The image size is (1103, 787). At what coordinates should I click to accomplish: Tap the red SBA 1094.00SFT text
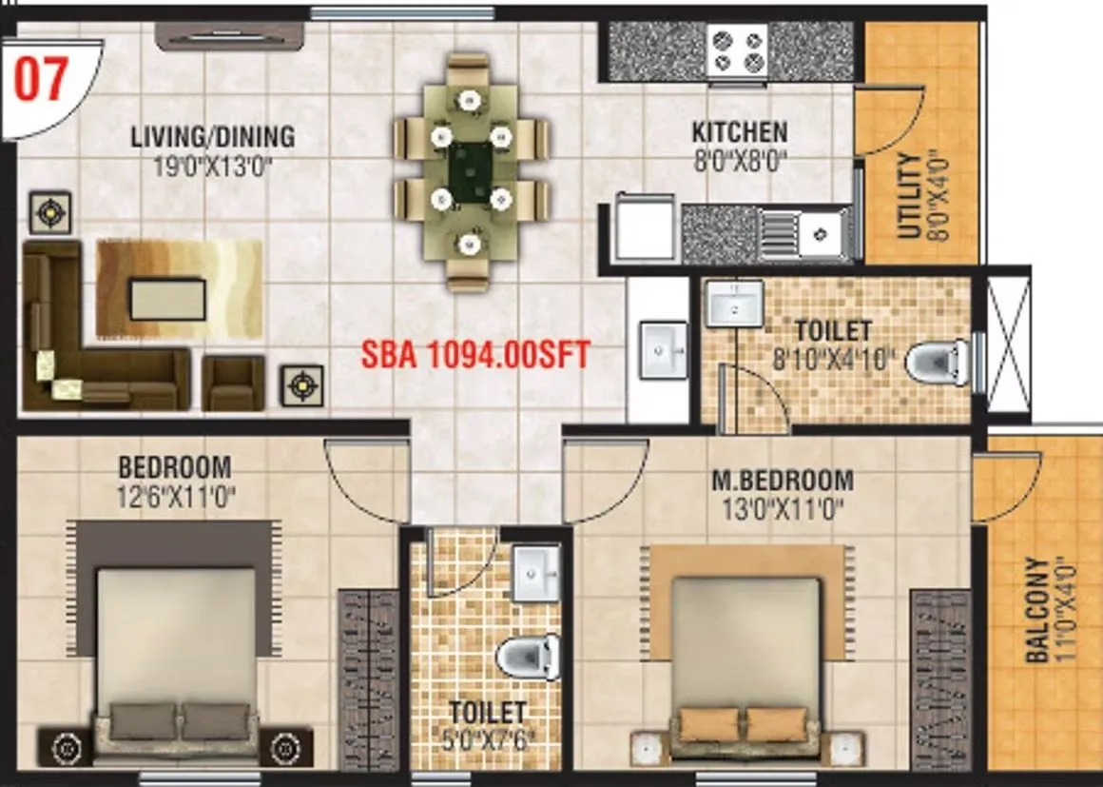(x=475, y=355)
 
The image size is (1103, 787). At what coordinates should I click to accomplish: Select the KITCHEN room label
(x=738, y=131)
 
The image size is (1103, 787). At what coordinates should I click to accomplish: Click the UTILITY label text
(x=908, y=196)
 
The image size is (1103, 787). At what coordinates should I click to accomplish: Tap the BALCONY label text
(x=1037, y=609)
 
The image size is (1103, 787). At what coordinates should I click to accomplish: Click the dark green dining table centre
(x=471, y=171)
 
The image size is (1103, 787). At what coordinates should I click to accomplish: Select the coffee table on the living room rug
(x=167, y=299)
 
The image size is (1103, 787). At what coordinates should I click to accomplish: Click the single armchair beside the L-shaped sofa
(x=232, y=383)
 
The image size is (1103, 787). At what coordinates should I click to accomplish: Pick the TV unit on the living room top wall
(x=230, y=35)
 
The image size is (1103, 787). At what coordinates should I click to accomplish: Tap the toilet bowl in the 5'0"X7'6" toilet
(x=527, y=658)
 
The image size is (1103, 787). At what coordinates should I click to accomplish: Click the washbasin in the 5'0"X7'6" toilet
(x=536, y=574)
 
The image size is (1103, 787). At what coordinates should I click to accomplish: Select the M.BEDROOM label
(x=782, y=480)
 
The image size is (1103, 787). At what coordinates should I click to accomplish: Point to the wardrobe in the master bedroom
(x=940, y=678)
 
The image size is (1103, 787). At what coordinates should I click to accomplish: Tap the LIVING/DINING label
(x=212, y=137)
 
